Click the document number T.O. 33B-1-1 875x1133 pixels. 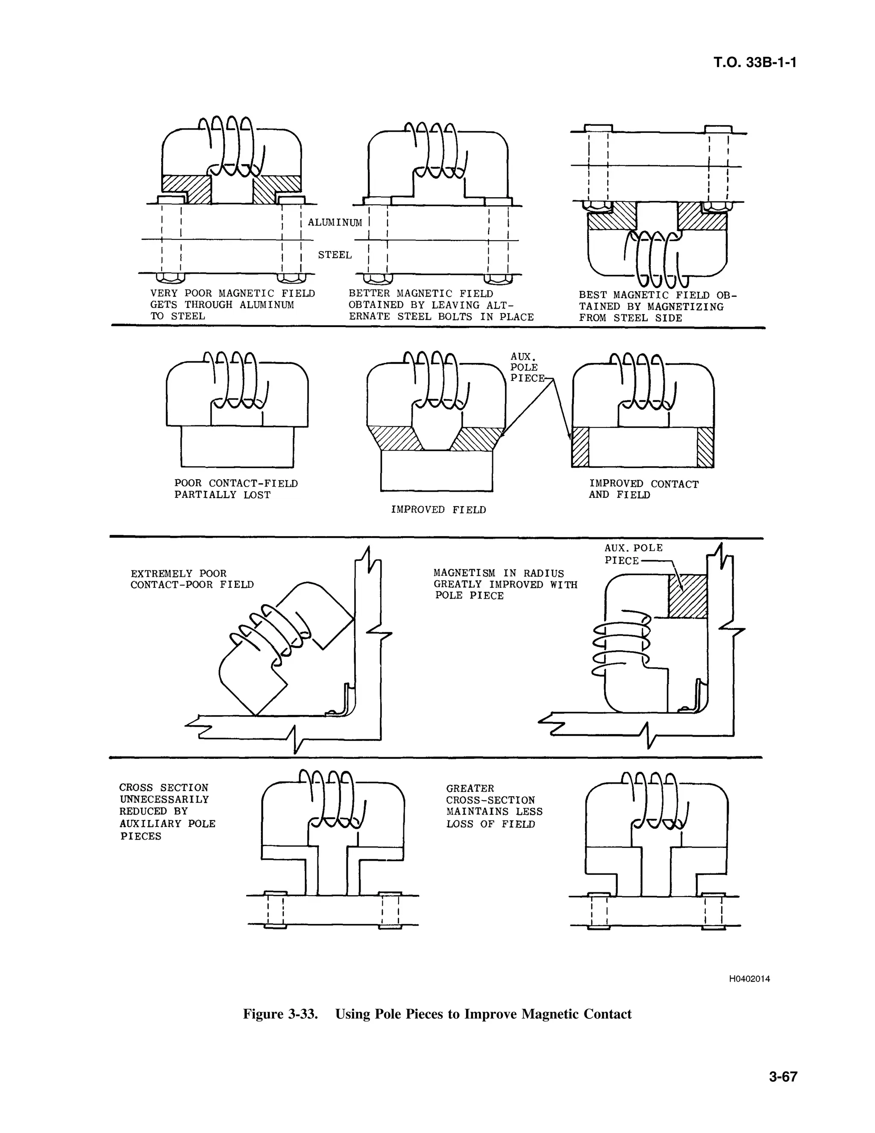pos(754,63)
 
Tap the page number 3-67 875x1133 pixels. pos(783,1077)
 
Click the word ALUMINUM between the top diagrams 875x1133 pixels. pos(335,223)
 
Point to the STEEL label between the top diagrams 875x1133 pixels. pos(335,255)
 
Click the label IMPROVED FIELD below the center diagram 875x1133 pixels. pos(438,510)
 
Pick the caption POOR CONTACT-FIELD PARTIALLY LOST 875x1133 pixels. pos(236,489)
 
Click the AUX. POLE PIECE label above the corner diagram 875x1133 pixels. pos(634,554)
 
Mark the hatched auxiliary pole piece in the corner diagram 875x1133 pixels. pos(687,596)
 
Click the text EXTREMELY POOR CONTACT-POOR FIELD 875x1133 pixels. pos(192,579)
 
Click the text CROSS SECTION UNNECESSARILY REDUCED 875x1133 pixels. pos(167,811)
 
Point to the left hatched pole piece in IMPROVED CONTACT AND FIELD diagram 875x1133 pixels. pos(580,447)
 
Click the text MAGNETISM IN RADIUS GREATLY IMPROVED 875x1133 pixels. pos(505,584)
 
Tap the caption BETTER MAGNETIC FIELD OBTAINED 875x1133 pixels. pos(440,305)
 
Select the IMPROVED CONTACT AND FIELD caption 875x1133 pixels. pos(643,489)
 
